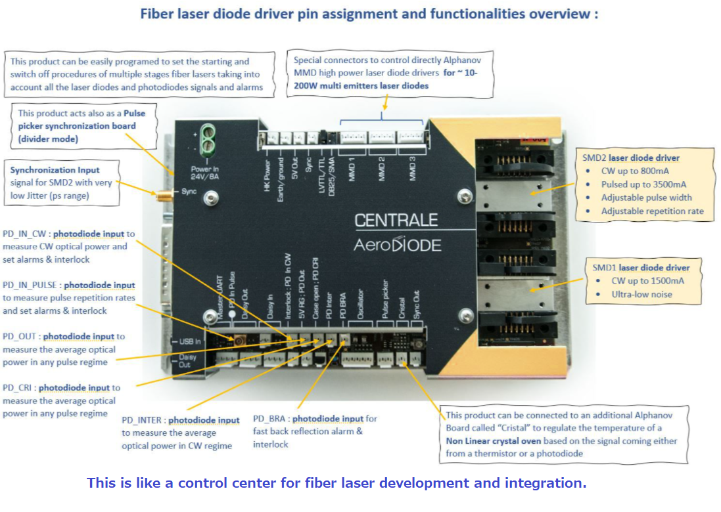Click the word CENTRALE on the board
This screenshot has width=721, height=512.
click(396, 219)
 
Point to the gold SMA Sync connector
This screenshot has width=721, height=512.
click(160, 195)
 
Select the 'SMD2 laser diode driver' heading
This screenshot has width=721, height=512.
click(631, 158)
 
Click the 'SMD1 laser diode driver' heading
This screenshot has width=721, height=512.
click(641, 267)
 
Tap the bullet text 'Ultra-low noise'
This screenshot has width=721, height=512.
click(641, 294)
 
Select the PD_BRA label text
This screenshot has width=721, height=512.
click(270, 419)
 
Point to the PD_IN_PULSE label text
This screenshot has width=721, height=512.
click(32, 285)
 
